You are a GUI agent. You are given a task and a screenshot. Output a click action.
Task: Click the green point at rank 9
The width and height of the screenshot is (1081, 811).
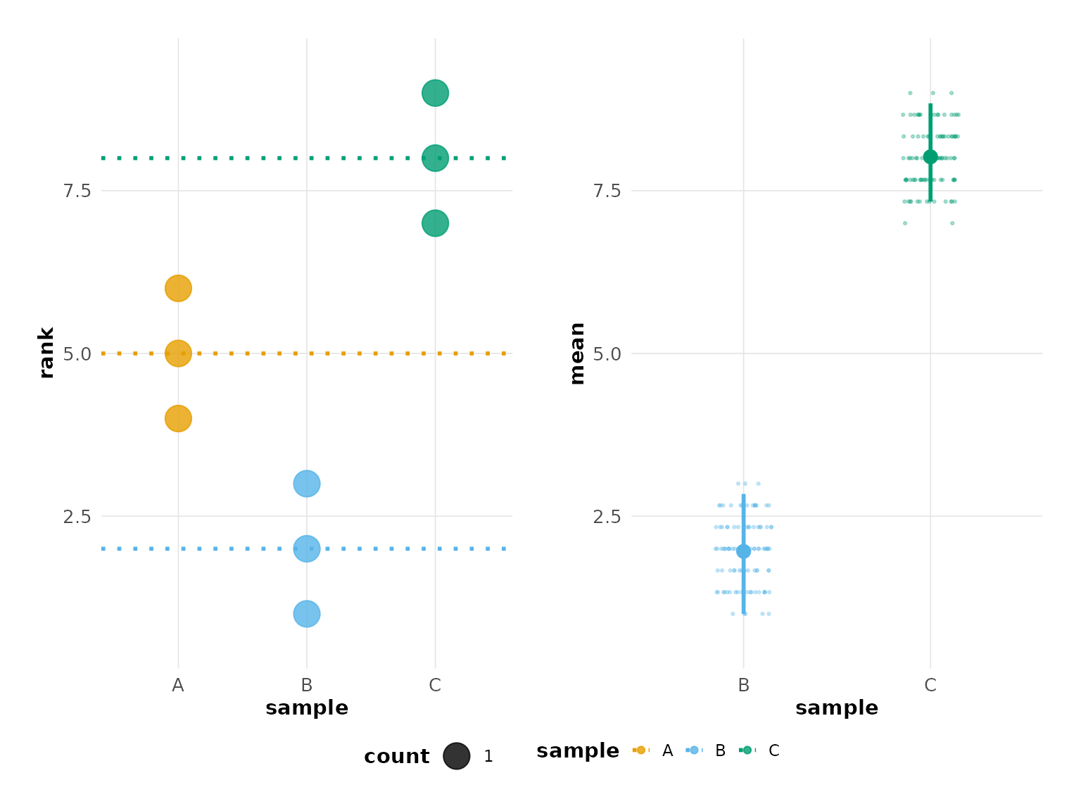coord(435,93)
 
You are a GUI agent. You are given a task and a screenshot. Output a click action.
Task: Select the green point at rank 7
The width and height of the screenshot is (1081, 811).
coord(435,223)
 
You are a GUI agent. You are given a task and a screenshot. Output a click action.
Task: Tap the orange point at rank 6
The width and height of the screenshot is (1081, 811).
coord(178,288)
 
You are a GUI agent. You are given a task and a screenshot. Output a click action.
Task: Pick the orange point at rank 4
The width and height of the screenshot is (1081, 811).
coord(178,418)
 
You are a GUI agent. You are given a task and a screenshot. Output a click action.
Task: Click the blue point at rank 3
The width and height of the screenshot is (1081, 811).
coord(306,484)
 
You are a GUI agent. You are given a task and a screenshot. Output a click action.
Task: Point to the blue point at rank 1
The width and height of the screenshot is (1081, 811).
coord(306,614)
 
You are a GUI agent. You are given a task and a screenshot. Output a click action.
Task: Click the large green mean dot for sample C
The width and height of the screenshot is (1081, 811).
coord(930,157)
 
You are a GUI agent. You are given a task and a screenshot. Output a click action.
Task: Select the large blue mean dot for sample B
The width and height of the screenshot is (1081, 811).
coord(743,551)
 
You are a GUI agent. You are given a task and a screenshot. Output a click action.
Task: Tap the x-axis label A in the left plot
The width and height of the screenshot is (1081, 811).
coord(178,685)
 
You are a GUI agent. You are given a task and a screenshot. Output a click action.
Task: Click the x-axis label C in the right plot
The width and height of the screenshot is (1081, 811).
coord(930,685)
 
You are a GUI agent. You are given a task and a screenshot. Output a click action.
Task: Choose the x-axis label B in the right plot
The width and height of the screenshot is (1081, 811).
coord(743,685)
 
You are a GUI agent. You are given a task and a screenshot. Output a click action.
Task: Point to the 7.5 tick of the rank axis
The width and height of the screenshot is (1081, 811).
coord(77,191)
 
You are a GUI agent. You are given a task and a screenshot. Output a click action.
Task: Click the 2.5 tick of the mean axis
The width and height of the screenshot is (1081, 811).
coord(607,516)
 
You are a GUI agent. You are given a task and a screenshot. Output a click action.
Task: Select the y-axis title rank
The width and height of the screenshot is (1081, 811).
coord(46,353)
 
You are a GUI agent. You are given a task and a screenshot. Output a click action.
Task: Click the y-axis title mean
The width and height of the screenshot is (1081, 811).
coord(577,353)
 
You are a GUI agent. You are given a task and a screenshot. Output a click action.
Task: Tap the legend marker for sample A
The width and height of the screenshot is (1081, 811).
coord(640,750)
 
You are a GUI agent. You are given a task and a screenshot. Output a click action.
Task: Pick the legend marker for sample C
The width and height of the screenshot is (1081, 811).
coord(747,750)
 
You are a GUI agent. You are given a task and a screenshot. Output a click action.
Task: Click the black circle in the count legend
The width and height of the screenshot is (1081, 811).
coord(456,756)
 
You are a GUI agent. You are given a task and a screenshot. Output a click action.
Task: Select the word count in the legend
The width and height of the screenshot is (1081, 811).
coord(396,756)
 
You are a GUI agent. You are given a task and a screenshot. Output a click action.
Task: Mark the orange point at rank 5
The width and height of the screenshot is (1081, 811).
coord(178,353)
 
